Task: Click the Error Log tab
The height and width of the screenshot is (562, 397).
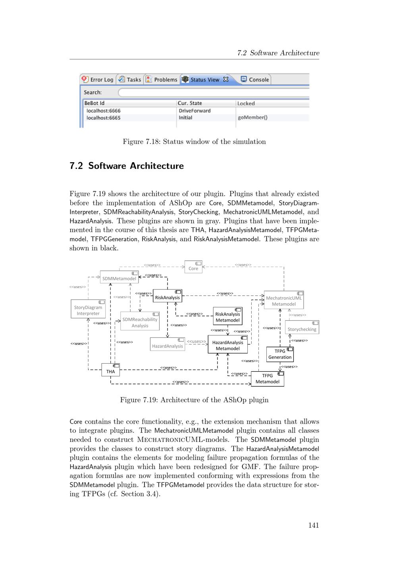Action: [98, 79]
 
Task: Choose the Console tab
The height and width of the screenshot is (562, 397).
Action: [255, 79]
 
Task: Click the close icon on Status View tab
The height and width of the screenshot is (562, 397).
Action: [226, 79]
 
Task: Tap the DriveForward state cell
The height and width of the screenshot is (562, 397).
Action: [195, 111]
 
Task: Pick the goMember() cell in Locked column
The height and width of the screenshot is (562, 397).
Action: [252, 118]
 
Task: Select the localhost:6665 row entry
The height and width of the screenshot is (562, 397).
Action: [103, 118]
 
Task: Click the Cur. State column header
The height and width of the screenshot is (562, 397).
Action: [190, 103]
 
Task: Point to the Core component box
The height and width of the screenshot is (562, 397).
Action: [193, 267]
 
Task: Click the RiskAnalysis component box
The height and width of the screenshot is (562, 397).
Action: [167, 296]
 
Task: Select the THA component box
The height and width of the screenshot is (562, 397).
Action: [110, 370]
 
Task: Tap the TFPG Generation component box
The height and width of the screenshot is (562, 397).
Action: [280, 354]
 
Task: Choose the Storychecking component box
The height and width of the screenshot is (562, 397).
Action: [302, 327]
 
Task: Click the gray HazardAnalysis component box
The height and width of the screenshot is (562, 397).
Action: [168, 344]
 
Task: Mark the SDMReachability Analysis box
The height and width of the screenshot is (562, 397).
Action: [140, 321]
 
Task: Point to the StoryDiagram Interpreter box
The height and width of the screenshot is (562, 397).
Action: [88, 309]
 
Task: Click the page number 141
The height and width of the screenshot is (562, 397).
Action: [313, 525]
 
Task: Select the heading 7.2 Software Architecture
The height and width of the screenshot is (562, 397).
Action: [126, 166]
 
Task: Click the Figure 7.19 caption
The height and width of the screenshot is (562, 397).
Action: [194, 400]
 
